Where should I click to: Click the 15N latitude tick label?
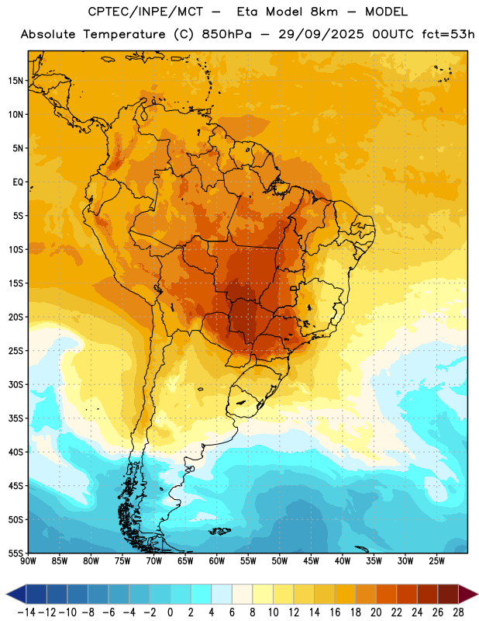16,81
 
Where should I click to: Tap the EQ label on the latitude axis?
18,182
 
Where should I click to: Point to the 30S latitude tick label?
16,384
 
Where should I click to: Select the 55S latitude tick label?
16,553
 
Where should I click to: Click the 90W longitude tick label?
28,561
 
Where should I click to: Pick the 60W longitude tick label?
217,561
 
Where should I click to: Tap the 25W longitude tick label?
436,561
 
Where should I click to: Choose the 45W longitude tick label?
311,561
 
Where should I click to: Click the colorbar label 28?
458,612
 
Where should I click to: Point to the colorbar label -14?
26,612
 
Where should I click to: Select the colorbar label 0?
170,612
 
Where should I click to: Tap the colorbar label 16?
335,612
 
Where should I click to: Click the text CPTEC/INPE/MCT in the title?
145,12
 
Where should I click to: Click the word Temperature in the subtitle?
124,34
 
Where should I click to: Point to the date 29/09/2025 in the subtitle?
321,34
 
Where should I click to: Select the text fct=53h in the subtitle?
448,34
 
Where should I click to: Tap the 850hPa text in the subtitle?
226,34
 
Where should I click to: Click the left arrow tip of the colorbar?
6,594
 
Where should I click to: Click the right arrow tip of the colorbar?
477,594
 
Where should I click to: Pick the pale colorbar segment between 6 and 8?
242,594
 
